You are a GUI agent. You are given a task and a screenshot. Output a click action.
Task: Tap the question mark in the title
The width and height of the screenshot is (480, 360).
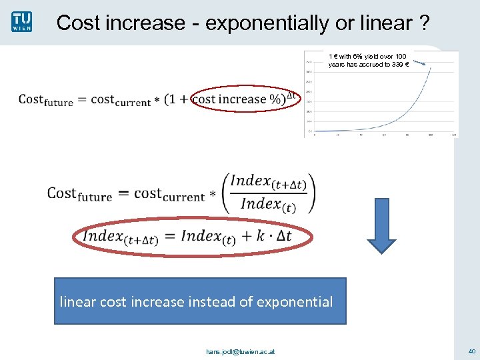424,23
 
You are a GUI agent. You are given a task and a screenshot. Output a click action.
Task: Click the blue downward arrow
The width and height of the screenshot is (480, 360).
382,225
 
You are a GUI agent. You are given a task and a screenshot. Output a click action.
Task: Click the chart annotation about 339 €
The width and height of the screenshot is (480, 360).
368,60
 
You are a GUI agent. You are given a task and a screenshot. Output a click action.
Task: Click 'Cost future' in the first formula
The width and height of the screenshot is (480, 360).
45,100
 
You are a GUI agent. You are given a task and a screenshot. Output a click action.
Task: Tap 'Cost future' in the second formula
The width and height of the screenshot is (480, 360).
79,194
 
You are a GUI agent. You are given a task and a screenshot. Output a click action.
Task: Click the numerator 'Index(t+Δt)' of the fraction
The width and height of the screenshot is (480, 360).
269,181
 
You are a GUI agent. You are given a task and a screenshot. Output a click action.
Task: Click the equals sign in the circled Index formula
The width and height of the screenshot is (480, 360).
169,236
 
